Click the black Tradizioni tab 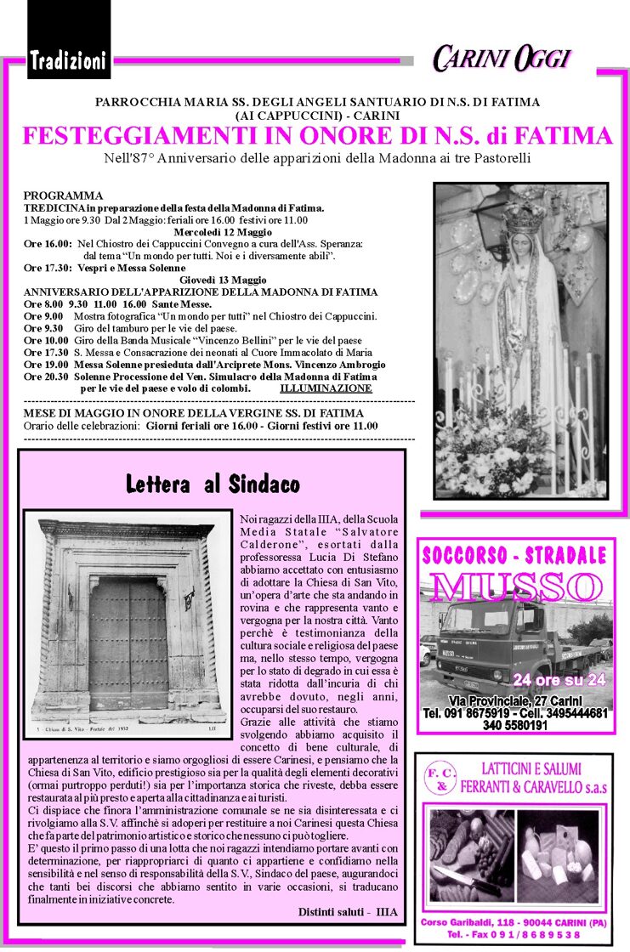click(x=68, y=60)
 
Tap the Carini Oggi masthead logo click(x=501, y=59)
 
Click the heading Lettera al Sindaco click(x=213, y=485)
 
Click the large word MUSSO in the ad click(x=515, y=586)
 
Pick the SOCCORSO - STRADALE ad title click(x=514, y=557)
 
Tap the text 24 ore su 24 click(x=559, y=679)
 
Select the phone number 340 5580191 click(x=514, y=726)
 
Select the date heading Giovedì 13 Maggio click(x=223, y=280)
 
